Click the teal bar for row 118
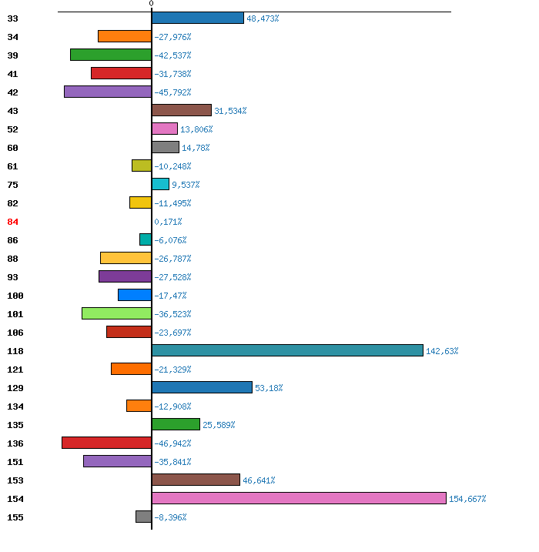287,350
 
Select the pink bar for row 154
299,498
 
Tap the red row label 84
12,222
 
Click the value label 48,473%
263,18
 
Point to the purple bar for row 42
108,92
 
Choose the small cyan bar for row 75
160,184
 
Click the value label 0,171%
168,222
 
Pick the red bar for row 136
107,443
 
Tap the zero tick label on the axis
151,3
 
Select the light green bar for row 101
116,313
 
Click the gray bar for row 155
144,517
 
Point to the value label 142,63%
442,351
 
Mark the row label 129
15,388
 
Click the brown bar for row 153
196,480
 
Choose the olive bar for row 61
142,166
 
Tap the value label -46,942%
172,443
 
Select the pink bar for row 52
165,129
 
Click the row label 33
12,18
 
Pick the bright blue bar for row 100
135,295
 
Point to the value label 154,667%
467,499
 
